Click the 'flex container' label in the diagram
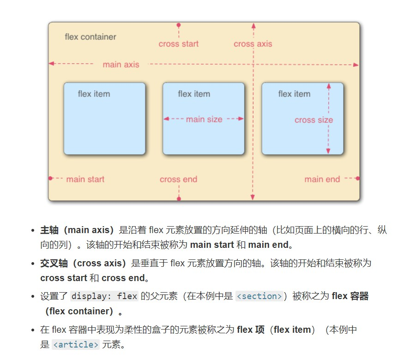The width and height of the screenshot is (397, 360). coord(90,37)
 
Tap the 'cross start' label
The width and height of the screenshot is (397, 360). coord(178,44)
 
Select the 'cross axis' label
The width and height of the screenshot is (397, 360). coord(253,44)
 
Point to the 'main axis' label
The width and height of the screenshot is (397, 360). coord(120,65)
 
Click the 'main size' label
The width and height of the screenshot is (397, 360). coord(204,120)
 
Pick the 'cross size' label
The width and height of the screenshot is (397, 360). coord(313,120)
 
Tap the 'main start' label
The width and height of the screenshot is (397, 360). coord(85,180)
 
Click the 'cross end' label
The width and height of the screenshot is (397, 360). coord(178,180)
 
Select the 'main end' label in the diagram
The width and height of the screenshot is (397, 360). coord(322,180)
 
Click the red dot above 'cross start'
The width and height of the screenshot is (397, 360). coord(179,25)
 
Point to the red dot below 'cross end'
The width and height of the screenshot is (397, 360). coord(179,198)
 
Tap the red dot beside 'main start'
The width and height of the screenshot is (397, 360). coord(51,178)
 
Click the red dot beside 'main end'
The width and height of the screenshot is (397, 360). coord(357,178)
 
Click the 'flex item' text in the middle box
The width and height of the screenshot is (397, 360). coord(194,94)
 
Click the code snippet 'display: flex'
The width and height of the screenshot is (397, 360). coord(104,296)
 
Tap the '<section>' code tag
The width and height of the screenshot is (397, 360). coord(259,296)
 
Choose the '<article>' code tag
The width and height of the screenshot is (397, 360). coord(76,344)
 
